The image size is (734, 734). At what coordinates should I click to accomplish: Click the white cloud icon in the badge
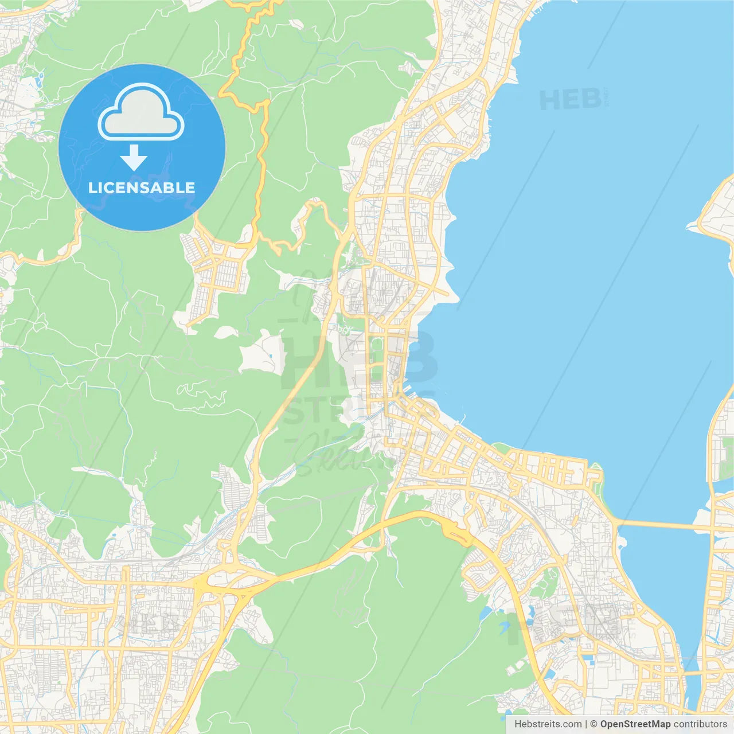[x=141, y=113]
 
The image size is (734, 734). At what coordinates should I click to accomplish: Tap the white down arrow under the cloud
[x=134, y=157]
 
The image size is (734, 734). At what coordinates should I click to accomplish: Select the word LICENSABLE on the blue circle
[x=142, y=188]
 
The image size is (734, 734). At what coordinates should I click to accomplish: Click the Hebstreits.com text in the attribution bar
[x=548, y=724]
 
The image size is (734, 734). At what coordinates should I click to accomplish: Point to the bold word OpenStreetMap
[x=635, y=724]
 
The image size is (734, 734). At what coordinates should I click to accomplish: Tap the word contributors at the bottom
[x=700, y=724]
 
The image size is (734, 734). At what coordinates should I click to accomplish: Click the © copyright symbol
[x=594, y=724]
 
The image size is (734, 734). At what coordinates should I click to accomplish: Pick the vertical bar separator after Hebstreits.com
[x=586, y=724]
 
